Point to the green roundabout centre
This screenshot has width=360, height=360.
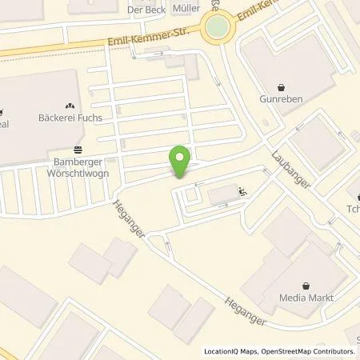coord(216,30)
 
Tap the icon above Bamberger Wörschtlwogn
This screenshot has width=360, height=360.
coord(77,149)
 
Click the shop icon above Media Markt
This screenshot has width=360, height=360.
coord(306,285)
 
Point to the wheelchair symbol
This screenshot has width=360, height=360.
coord(243,191)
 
